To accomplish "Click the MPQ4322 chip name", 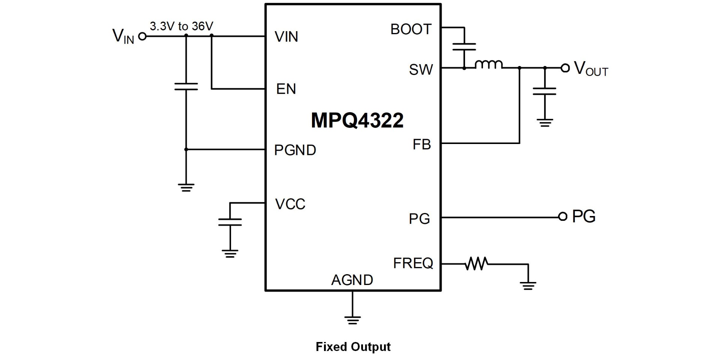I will pos(357,120).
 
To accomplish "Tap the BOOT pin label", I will pos(411,29).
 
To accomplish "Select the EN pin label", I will pos(286,89).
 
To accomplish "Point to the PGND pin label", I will pos(295,150).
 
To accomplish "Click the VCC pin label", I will pos(290,204).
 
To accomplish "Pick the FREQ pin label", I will pos(412,263).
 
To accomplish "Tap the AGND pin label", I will pos(352,280).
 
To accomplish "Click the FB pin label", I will pos(421,144).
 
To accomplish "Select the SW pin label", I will pos(421,69).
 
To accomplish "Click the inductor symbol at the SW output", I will pos(489,65).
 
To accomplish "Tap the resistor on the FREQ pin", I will pos(476,264).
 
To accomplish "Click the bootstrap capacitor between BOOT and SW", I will pos(464,46).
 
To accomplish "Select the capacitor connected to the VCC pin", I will pos(230,222).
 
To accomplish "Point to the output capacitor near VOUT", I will pos(544,91).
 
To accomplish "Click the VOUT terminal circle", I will pos(565,68).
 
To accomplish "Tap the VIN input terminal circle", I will pos(142,36).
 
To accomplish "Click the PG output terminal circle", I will pos(562,216).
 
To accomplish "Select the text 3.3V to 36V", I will pos(181,26).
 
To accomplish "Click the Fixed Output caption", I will pos(353,346).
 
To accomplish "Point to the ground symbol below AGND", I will pos(352,320).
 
